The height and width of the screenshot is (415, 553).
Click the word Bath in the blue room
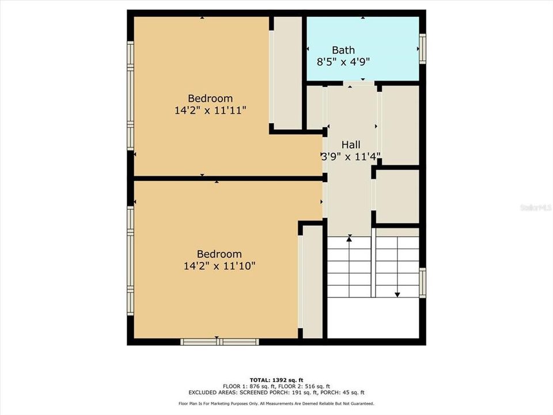pyautogui.click(x=343, y=50)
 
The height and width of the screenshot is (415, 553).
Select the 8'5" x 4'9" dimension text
pyautogui.click(x=343, y=61)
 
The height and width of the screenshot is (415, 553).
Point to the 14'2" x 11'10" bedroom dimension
pyautogui.click(x=219, y=266)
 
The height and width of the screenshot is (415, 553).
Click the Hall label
pyautogui.click(x=351, y=145)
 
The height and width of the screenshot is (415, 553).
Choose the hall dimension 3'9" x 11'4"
pyautogui.click(x=351, y=156)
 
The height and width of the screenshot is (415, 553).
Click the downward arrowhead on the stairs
pyautogui.click(x=397, y=294)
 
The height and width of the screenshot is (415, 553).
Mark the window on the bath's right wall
pyautogui.click(x=422, y=49)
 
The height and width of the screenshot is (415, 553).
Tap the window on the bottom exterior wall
pyautogui.click(x=219, y=342)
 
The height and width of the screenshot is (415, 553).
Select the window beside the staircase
pyautogui.click(x=422, y=283)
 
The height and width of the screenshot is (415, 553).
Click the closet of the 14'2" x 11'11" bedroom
pyautogui.click(x=286, y=73)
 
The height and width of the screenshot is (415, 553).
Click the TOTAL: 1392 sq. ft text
pyautogui.click(x=276, y=380)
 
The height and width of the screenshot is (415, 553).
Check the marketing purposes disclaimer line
pyautogui.click(x=276, y=403)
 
